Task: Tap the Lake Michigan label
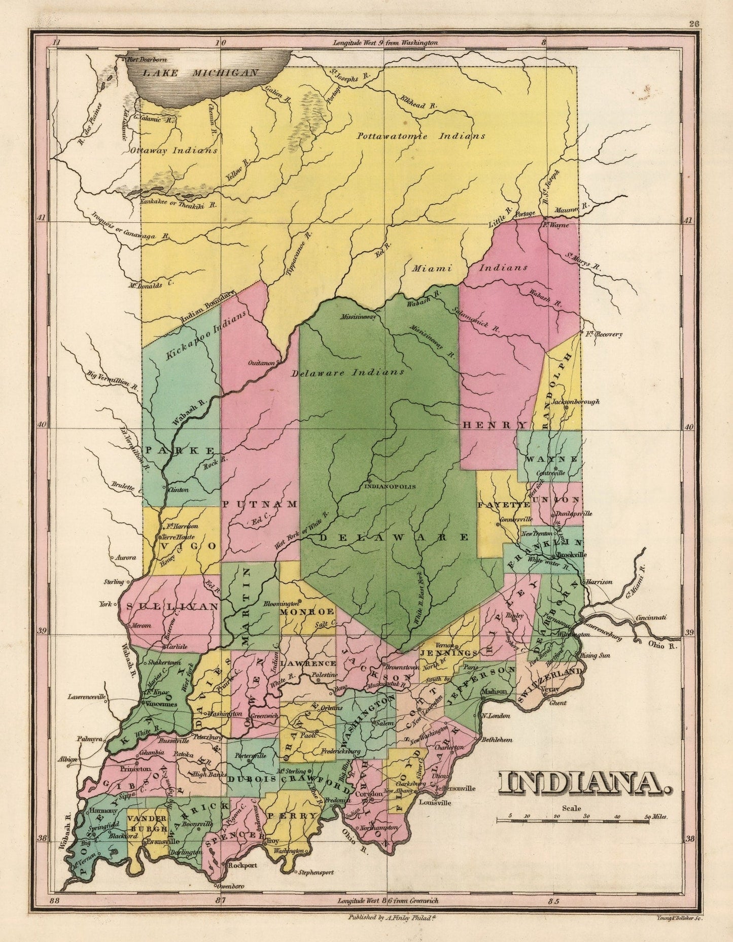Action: click(200, 73)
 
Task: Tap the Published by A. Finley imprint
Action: click(389, 917)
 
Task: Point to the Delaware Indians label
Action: click(347, 372)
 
